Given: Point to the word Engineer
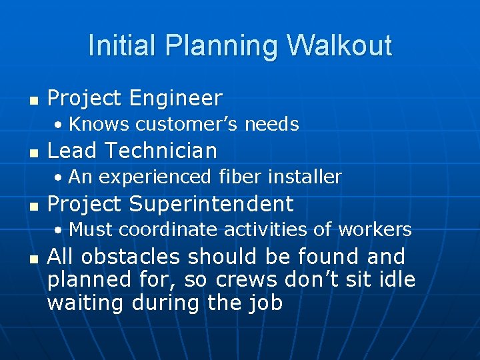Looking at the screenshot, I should coord(176,99).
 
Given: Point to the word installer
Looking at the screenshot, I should coord(305,177).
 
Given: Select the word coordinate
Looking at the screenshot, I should coord(160,230).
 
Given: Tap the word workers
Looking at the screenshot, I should coord(375,230).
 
